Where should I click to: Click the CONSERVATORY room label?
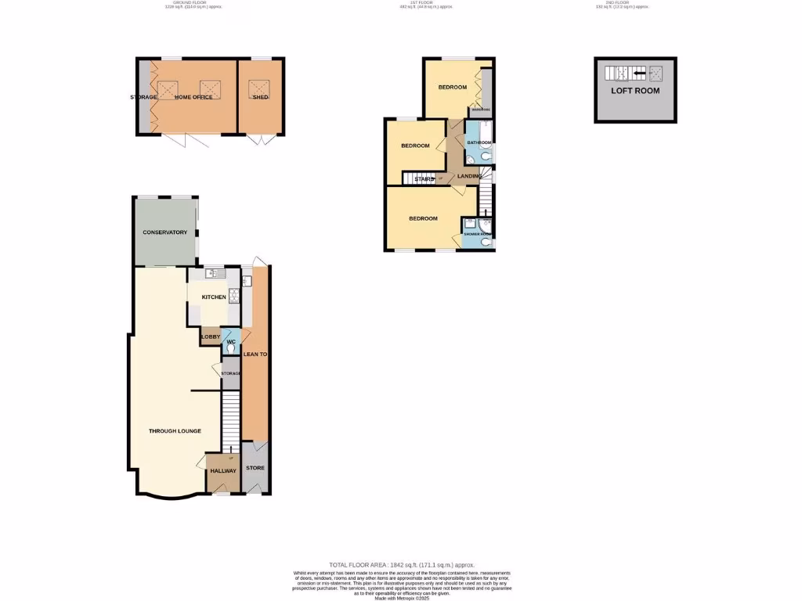click(164, 232)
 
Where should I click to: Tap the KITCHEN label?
click(214, 297)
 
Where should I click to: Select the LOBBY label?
click(211, 337)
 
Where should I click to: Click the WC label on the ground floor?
click(231, 342)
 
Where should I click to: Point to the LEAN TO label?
click(255, 354)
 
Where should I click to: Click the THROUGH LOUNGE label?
click(175, 431)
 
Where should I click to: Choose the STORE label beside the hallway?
click(255, 468)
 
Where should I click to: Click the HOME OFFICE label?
click(193, 97)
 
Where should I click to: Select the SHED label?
click(261, 97)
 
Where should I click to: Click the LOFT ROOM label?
click(635, 91)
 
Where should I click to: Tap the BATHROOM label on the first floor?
click(479, 142)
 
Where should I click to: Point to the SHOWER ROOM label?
click(478, 234)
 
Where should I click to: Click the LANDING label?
click(470, 176)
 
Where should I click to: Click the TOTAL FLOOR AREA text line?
click(401, 565)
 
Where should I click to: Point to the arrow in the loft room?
click(639, 74)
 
